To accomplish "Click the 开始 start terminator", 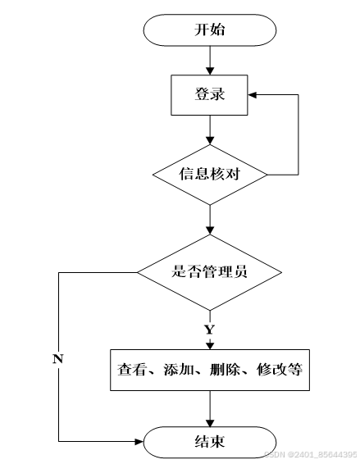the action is tap(210, 30).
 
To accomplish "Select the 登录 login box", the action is tap(209, 95).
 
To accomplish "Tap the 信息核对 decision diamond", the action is tap(210, 175).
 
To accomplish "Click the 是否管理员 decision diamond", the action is tap(210, 272).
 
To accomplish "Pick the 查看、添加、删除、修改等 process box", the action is tap(210, 370).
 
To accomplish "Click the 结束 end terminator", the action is tap(210, 442).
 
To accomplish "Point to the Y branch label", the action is tap(209, 329).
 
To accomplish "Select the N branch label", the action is tap(58, 358).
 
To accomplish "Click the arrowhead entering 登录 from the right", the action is tap(252, 95).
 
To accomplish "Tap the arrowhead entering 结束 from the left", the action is tap(139, 442).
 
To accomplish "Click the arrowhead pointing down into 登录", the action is tap(210, 71).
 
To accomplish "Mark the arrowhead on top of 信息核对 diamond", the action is tap(210, 140).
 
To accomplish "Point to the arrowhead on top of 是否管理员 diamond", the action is tap(210, 231).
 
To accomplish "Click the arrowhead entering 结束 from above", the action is tap(210, 423).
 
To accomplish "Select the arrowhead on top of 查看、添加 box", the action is tap(210, 346).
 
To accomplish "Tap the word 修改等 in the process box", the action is tap(280, 370).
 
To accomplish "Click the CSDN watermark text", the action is tap(310, 454).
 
